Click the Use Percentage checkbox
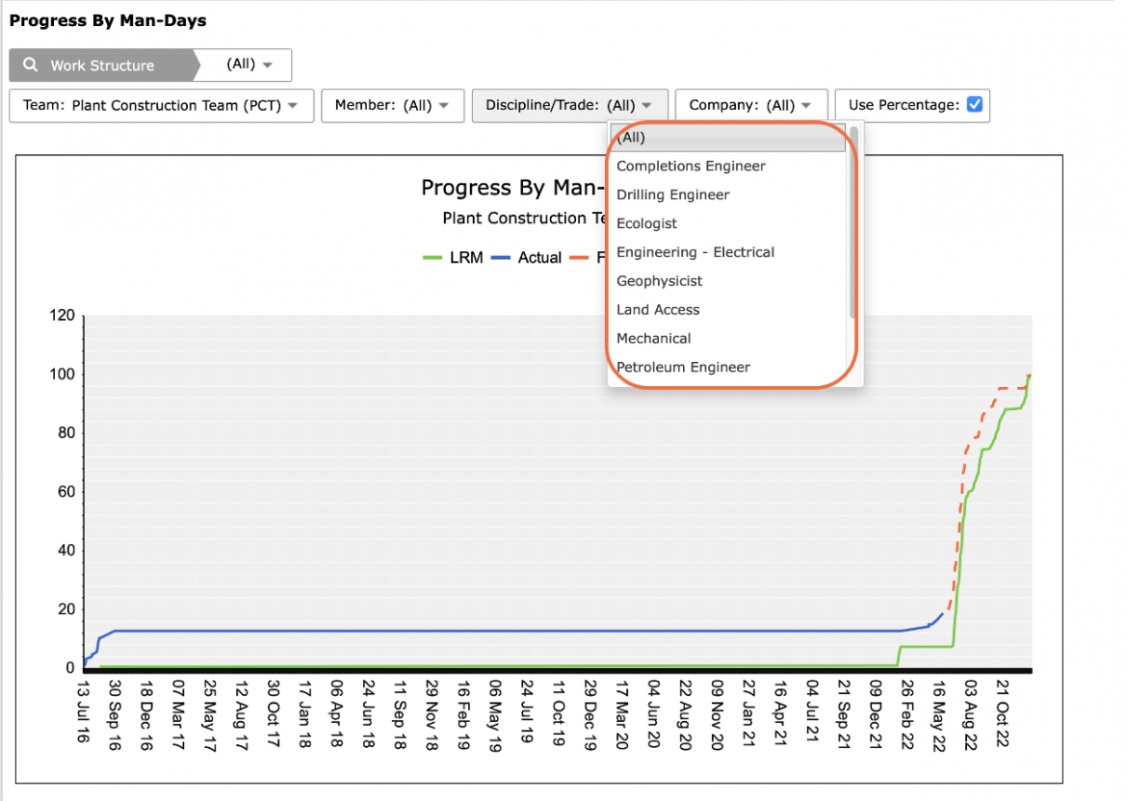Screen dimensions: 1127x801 pos(975,105)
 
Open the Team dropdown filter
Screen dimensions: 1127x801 pos(162,106)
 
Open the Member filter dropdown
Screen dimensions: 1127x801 pos(392,106)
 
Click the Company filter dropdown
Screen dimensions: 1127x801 pos(751,106)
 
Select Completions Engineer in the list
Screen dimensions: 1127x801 pos(691,166)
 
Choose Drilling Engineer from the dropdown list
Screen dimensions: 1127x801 pos(672,194)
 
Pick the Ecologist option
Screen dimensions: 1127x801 pos(646,223)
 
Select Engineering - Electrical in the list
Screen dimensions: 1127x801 pos(695,252)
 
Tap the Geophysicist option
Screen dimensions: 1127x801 pos(659,281)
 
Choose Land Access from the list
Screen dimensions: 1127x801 pos(658,310)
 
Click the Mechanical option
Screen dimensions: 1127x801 pos(653,338)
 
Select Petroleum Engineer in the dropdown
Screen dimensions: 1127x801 pos(683,367)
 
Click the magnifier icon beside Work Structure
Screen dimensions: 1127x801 pos(30,65)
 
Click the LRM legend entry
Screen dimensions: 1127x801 pos(453,257)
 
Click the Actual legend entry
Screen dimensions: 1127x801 pos(526,257)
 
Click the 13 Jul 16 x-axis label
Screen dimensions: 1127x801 pos(84,711)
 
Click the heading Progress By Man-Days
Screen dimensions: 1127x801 pos(108,20)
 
